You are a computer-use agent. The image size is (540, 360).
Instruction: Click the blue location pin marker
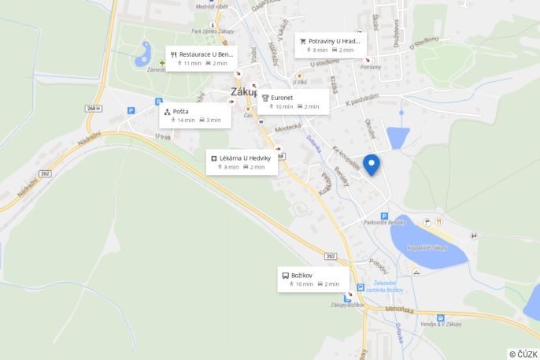coord(371,164)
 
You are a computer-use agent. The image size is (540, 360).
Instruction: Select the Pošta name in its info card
coord(180,111)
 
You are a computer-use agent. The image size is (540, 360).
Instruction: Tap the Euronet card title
coord(282,98)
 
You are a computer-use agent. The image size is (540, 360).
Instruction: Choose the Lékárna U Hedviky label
coord(245,158)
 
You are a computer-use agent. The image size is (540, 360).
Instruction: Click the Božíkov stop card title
coord(302,275)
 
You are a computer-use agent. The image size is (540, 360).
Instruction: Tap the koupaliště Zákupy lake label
coord(427,247)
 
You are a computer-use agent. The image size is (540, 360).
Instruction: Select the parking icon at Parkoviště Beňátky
coord(384,216)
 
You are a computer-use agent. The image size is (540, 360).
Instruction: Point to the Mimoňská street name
coord(399,310)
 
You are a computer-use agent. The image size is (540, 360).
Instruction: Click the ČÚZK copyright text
coord(523,354)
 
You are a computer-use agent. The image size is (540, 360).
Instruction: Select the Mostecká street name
coord(288,127)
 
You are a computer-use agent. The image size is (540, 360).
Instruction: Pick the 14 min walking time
coord(186,121)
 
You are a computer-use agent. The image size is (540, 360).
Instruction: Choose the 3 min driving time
coord(214,121)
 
